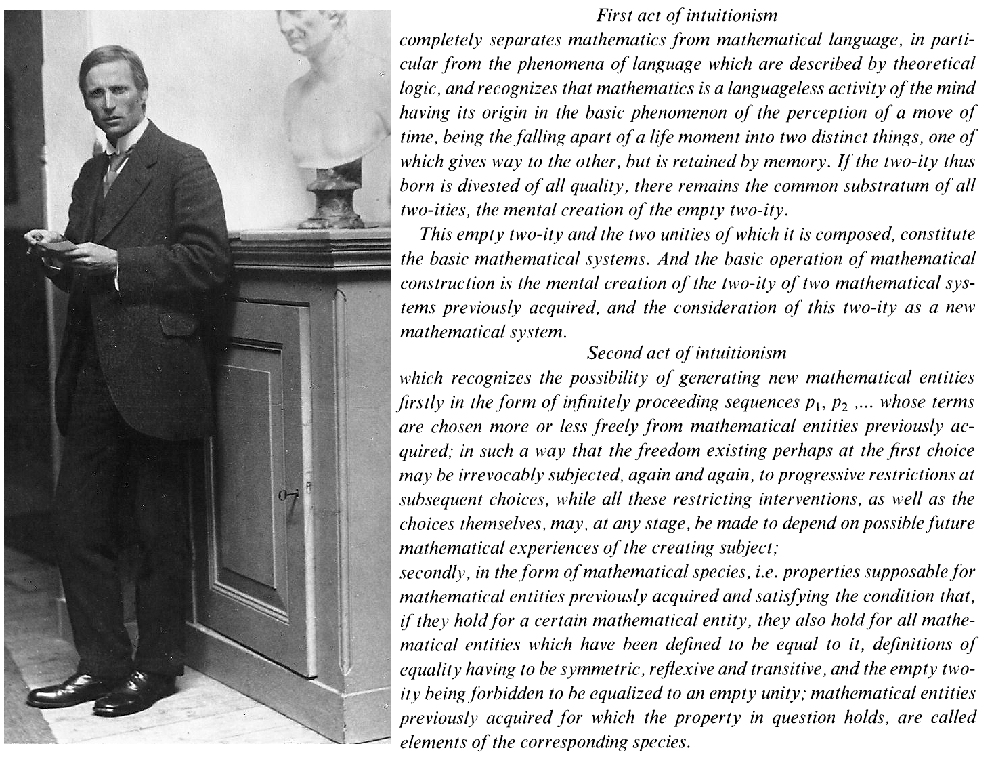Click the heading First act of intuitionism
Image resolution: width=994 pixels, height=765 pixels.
[687, 14]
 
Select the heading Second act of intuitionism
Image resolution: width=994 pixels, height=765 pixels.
[687, 353]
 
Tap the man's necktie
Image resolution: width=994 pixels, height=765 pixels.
[111, 169]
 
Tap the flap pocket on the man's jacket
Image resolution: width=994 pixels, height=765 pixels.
[178, 321]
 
